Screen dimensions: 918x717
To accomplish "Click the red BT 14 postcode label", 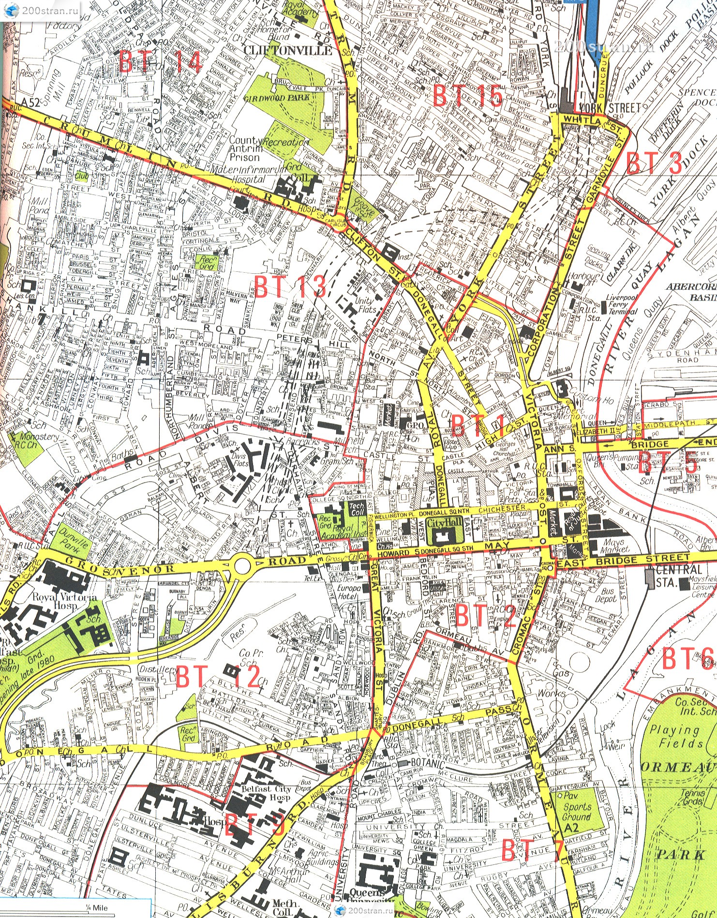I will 160,61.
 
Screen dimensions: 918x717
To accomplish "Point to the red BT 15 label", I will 467,95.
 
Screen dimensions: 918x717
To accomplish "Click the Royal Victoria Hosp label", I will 65,601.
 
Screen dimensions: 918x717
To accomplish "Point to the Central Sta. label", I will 672,576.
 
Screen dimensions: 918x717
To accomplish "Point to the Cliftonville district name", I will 288,50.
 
